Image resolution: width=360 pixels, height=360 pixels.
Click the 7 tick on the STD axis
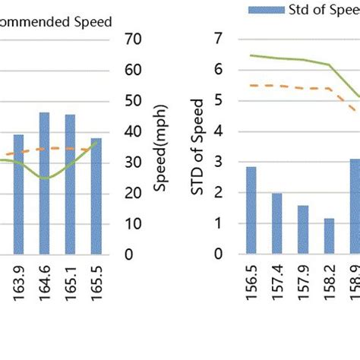pos(219,38)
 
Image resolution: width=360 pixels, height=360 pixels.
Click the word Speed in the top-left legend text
pos(94,22)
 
